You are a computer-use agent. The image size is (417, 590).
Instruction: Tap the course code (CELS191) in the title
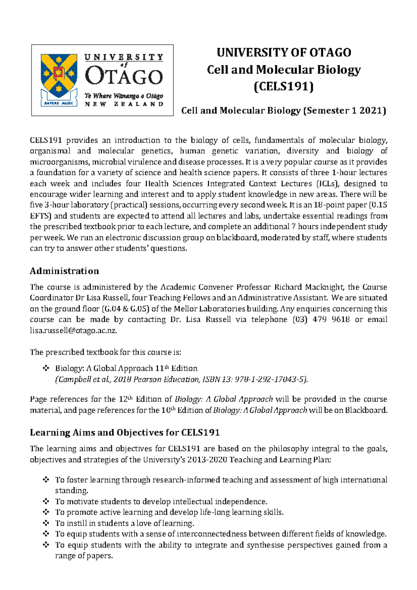click(284, 86)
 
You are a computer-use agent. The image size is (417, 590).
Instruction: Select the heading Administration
click(64, 271)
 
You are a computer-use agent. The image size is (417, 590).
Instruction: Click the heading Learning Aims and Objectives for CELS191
click(125, 433)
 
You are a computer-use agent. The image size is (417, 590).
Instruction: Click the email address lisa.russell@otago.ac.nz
click(73, 331)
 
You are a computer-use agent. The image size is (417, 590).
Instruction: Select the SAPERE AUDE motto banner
click(58, 103)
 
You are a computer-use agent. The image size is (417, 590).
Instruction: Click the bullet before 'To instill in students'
click(46, 523)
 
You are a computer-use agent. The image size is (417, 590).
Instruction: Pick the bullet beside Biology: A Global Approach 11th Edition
click(46, 368)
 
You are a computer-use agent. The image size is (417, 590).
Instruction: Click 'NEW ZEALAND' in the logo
click(124, 104)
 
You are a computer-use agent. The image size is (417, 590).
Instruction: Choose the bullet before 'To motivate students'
click(46, 501)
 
